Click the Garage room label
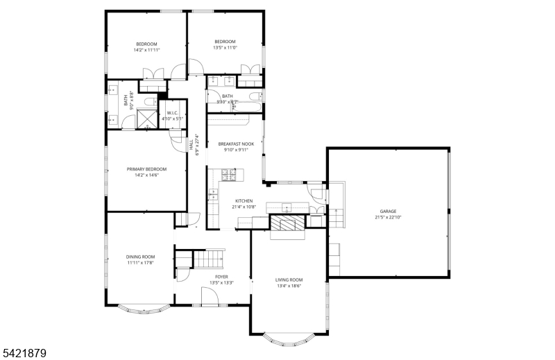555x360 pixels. click(388, 211)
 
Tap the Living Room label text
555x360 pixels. click(289, 280)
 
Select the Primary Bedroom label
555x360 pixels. click(146, 169)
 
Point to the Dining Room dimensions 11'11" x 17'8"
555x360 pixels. click(140, 263)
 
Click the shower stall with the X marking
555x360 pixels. click(146, 119)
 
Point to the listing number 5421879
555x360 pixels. click(24, 353)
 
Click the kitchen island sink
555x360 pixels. click(286, 206)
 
